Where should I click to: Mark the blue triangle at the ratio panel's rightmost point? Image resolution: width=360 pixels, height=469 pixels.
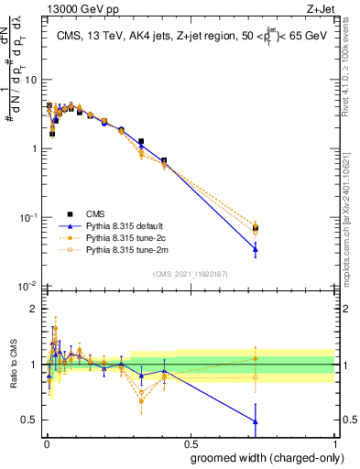pos(256,421)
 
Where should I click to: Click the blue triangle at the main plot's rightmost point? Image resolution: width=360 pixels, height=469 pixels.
pos(256,248)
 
